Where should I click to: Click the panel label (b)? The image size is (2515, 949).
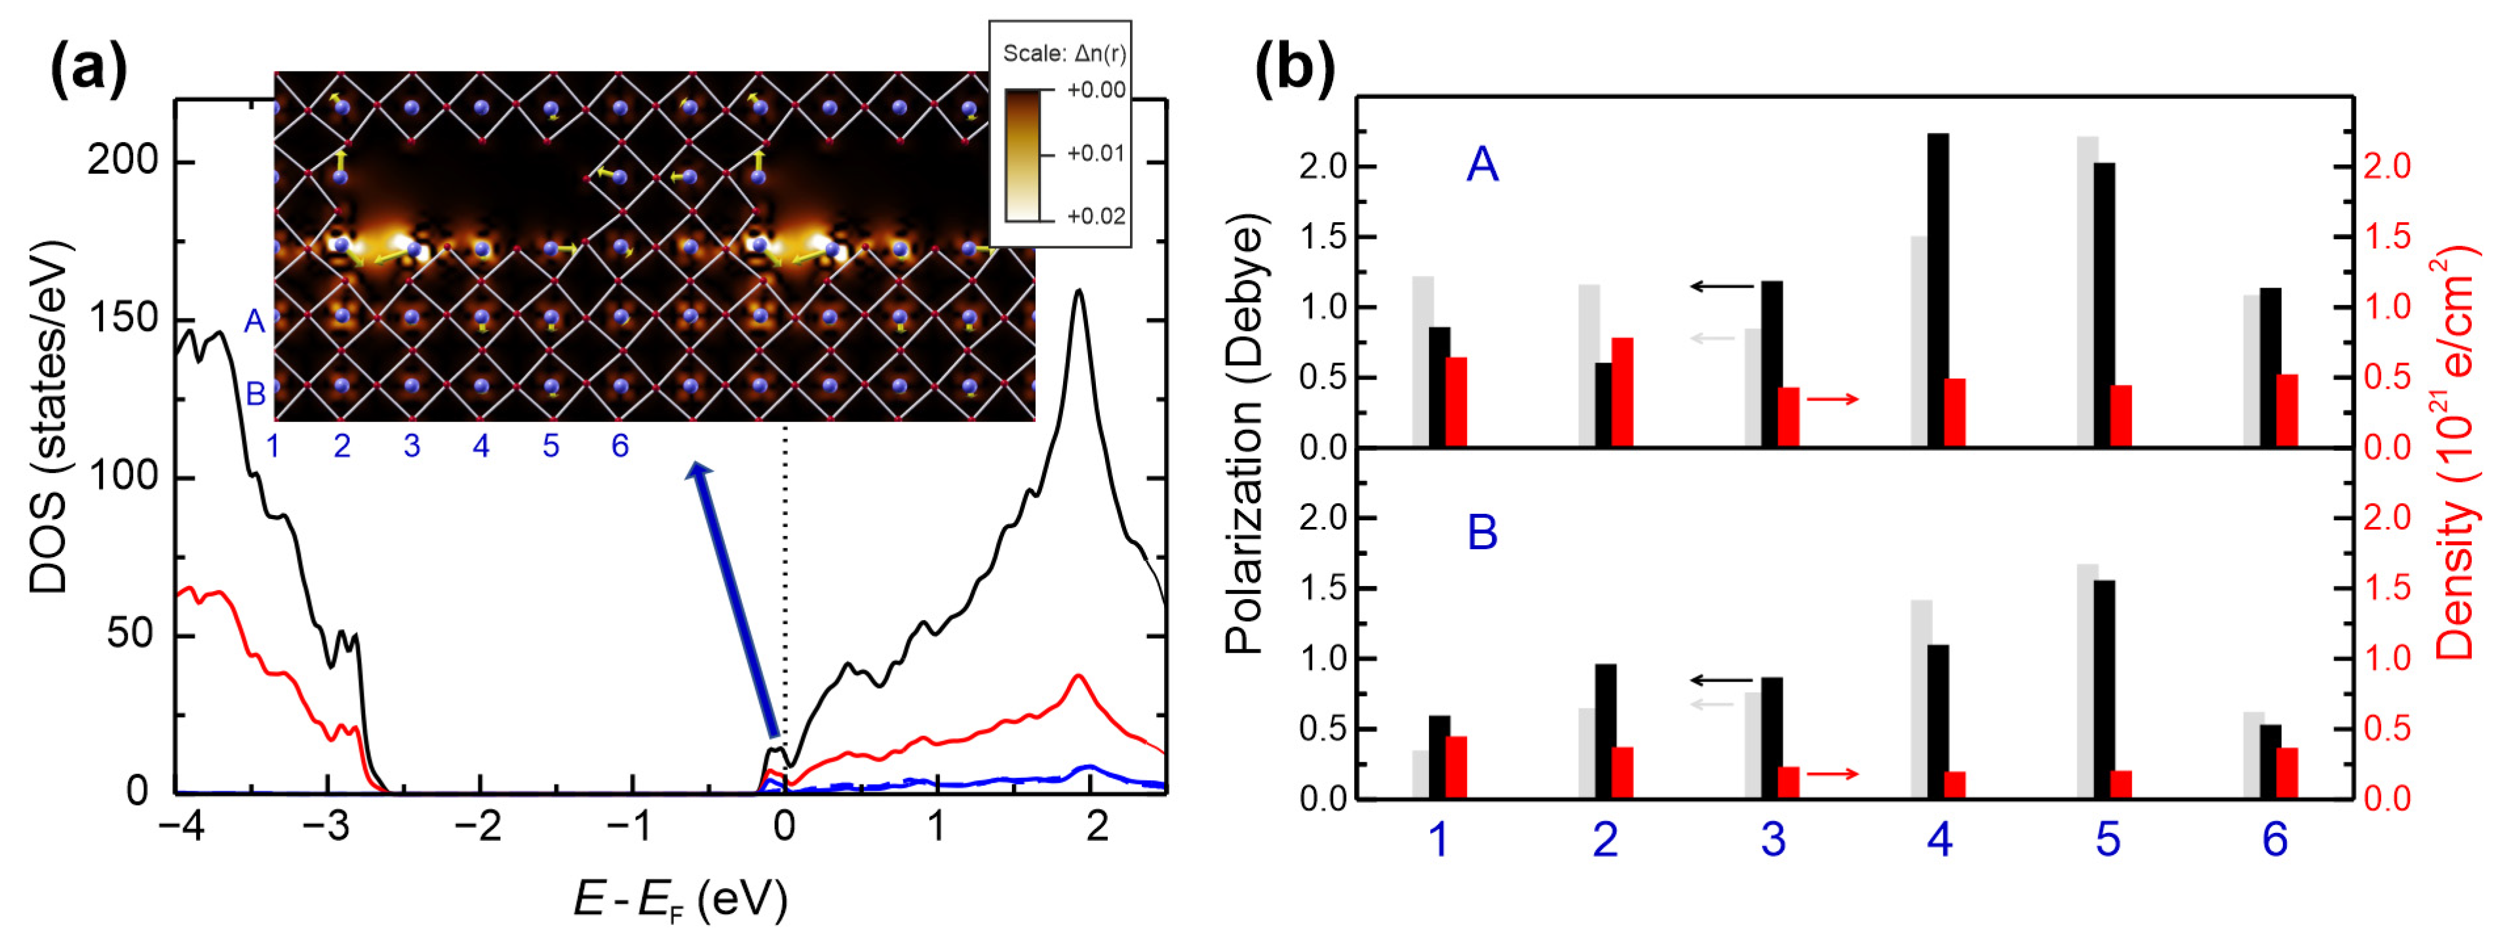[1294, 69]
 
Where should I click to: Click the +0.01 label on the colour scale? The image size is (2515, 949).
[1095, 153]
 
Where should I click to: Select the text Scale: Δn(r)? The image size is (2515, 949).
[1063, 54]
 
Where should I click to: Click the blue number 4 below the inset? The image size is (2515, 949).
[481, 446]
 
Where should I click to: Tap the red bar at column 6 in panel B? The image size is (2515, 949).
[2286, 773]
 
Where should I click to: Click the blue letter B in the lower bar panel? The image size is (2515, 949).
[1482, 533]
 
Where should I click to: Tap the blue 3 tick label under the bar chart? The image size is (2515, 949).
[1773, 840]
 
